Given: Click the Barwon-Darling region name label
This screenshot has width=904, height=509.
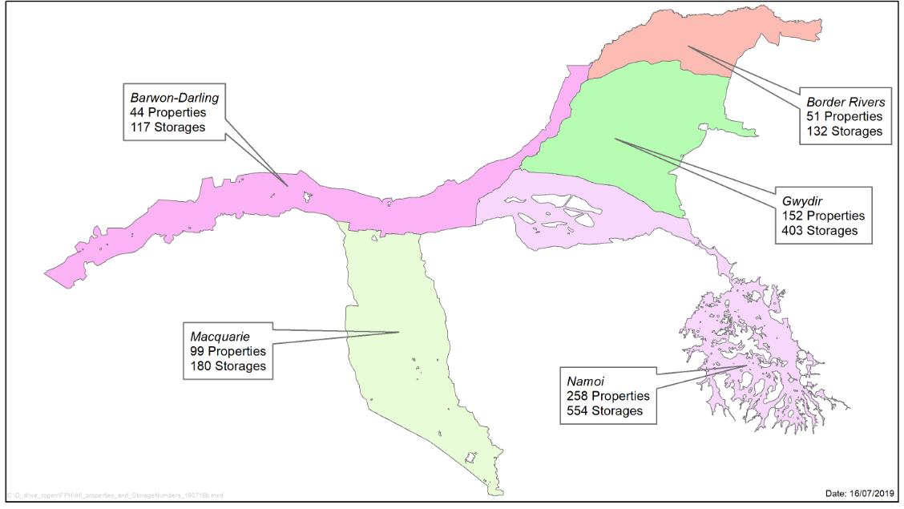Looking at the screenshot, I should (174, 98).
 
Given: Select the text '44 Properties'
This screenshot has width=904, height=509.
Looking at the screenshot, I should (167, 112).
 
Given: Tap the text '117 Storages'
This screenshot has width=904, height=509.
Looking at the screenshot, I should (167, 127).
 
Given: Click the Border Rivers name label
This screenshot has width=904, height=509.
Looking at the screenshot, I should (845, 102).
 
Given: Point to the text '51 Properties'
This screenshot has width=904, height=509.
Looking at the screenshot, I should (844, 116).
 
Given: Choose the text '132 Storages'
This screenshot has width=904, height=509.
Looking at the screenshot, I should (844, 131).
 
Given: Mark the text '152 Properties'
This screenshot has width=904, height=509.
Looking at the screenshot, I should (823, 216).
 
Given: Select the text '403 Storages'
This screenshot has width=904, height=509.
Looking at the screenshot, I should (820, 230).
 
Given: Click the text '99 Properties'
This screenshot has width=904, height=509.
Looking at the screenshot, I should (228, 351).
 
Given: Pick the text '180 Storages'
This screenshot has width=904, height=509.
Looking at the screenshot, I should (228, 366).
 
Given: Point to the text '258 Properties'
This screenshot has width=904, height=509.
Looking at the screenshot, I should (607, 395).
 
